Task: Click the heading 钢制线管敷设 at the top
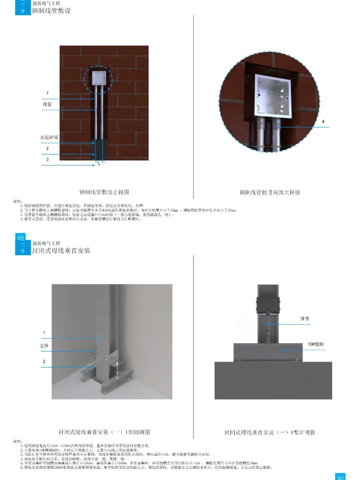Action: (x=51, y=11)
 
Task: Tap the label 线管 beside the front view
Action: (x=47, y=104)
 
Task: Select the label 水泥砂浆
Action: (x=49, y=137)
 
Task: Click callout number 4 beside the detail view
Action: (x=323, y=122)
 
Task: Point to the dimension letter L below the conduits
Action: (x=99, y=164)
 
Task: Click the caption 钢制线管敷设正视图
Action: (x=104, y=192)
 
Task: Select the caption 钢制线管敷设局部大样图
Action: (x=270, y=192)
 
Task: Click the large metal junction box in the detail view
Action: (x=273, y=96)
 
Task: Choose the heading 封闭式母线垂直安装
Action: (x=61, y=251)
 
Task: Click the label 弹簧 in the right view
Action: (x=305, y=319)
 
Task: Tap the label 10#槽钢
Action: (x=315, y=344)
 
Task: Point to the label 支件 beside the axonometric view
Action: (x=44, y=346)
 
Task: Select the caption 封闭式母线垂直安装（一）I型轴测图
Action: (x=104, y=432)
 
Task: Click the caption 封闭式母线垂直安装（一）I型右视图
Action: (x=269, y=432)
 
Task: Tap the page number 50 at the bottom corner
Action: (x=340, y=477)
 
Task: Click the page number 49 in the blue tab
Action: (x=20, y=238)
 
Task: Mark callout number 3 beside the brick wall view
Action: (x=47, y=160)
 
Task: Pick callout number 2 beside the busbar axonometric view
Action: (x=44, y=361)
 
